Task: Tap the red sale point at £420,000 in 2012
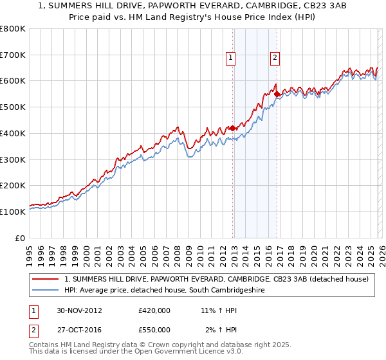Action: coord(233,128)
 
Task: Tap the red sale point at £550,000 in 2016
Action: coord(277,94)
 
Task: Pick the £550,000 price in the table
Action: coord(154,329)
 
